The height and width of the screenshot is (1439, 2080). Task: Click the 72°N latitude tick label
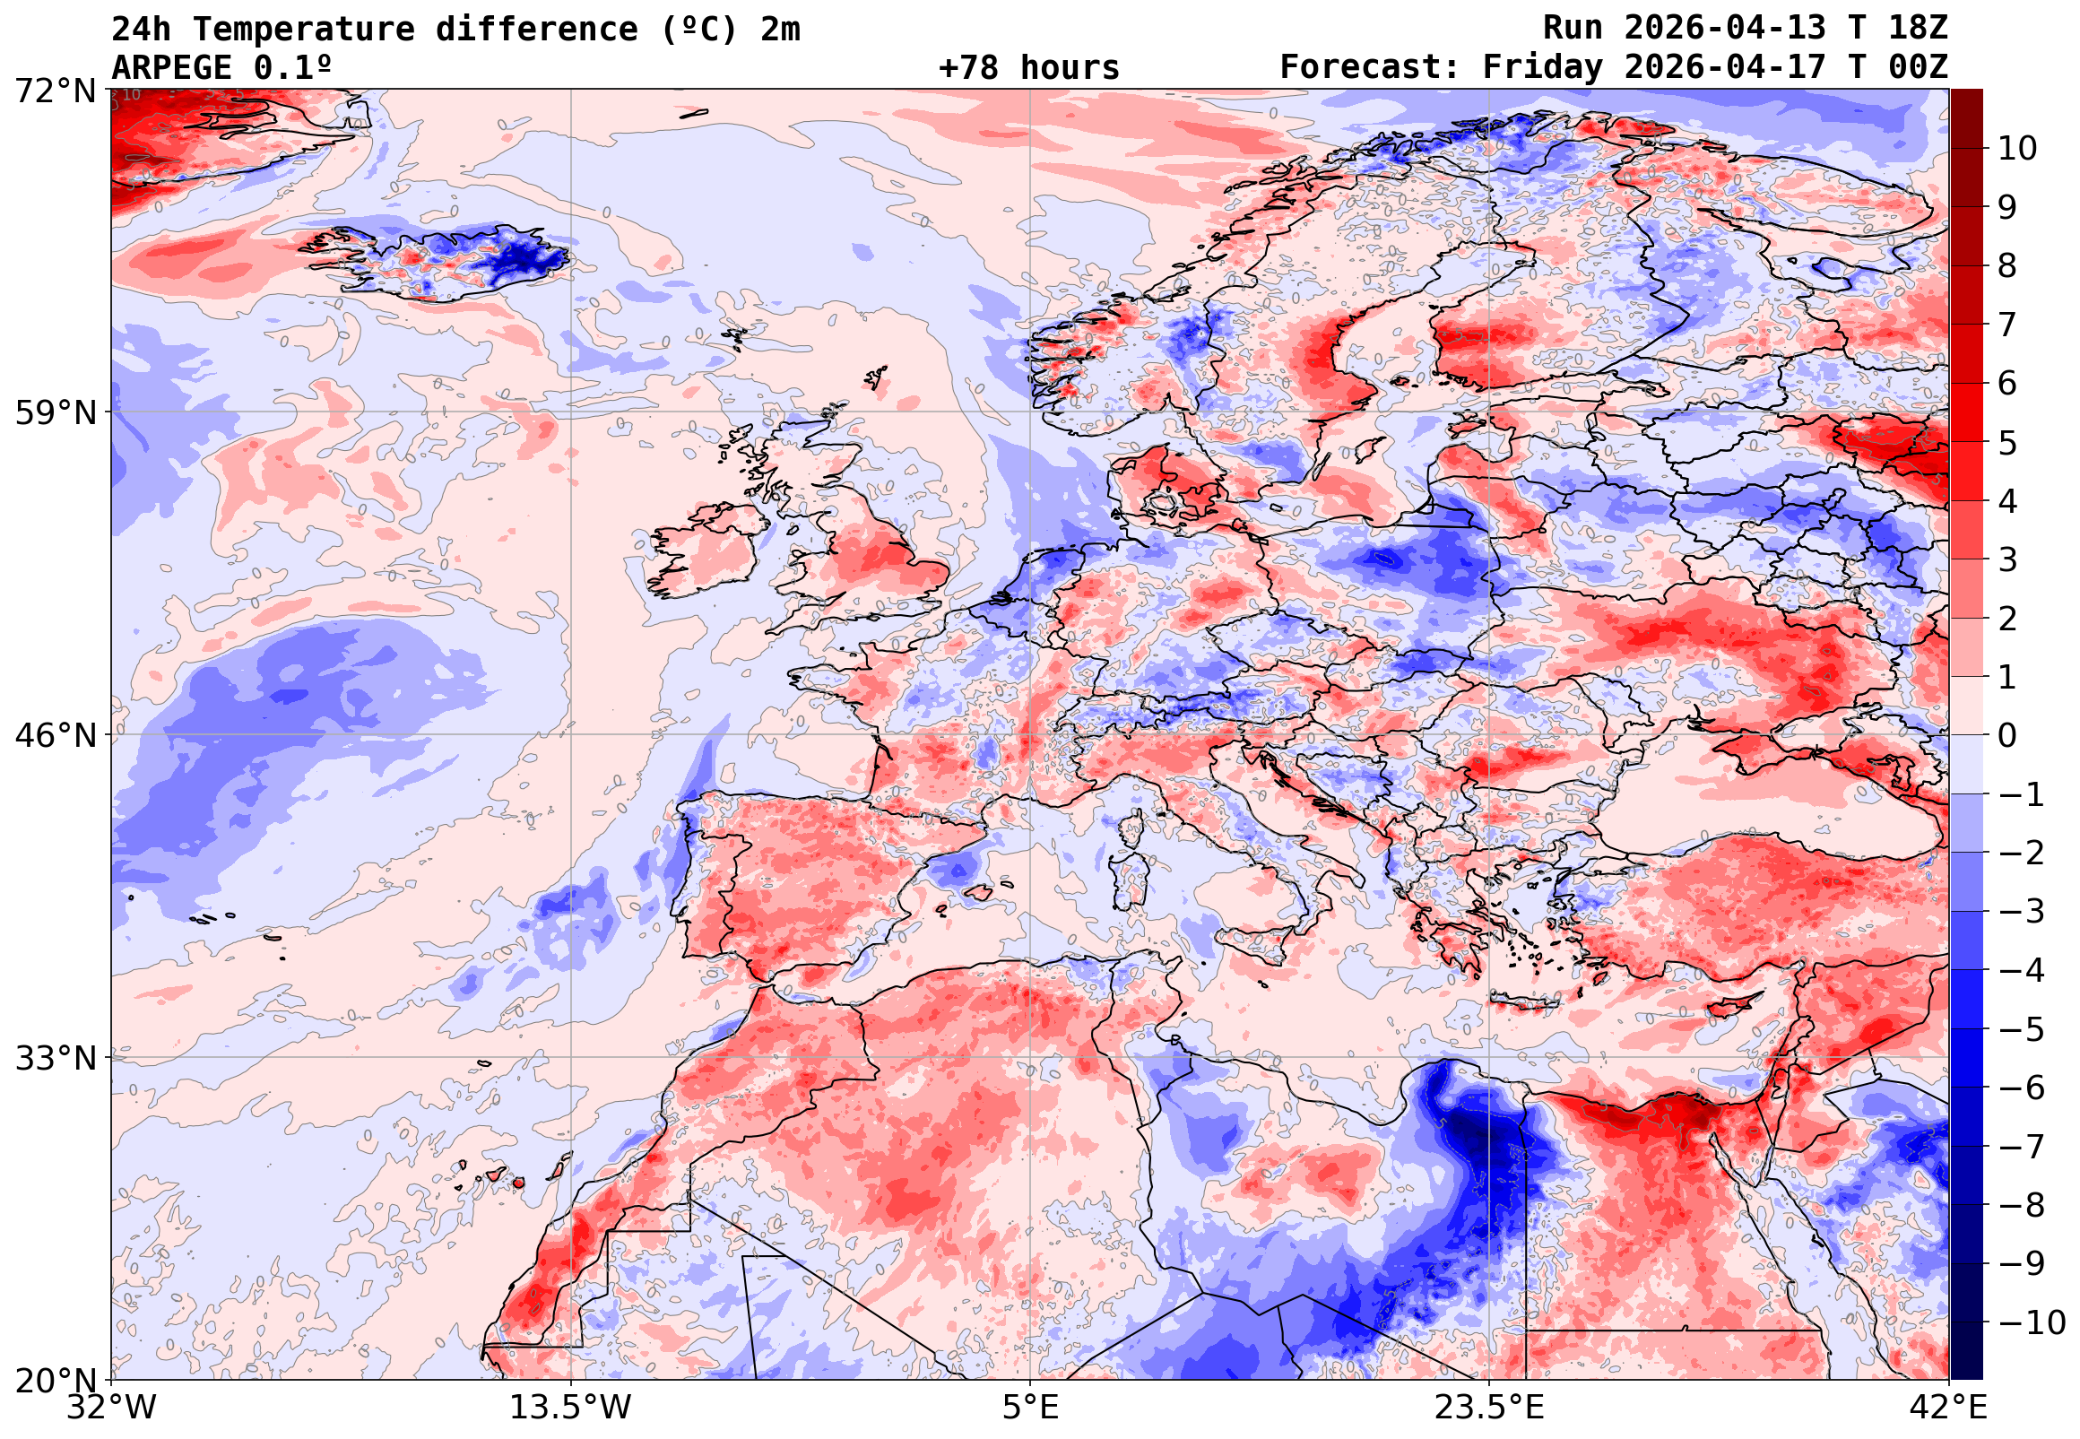[55, 91]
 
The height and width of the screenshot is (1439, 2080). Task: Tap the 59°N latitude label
[55, 414]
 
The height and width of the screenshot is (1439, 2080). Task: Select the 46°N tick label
[55, 736]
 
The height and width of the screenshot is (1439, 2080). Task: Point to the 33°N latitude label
[55, 1059]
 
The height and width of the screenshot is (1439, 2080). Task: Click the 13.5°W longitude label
[571, 1408]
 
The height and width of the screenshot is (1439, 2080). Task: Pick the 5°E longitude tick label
[1030, 1408]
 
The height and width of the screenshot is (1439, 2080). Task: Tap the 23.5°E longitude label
[1488, 1408]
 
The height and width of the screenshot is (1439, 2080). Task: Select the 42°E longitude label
[1947, 1408]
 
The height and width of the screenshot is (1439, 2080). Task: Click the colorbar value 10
[2017, 149]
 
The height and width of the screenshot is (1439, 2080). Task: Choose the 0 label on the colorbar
[2007, 736]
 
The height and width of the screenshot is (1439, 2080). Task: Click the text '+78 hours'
[1028, 67]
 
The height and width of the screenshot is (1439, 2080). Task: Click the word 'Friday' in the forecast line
[1542, 67]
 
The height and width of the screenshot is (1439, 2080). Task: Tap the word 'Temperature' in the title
[303, 29]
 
